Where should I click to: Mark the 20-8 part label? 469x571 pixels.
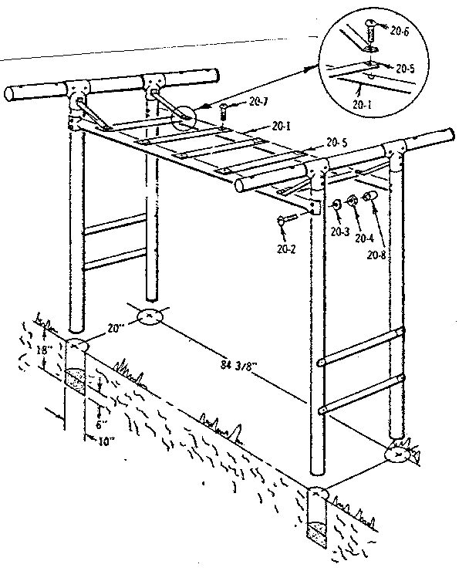[x=377, y=255]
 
